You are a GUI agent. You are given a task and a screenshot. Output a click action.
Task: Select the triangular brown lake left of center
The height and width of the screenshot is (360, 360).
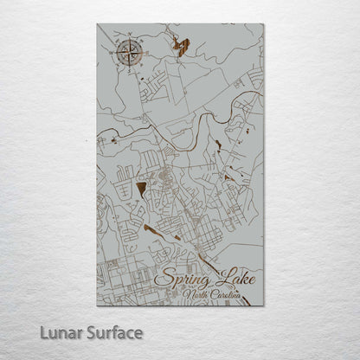click(141, 187)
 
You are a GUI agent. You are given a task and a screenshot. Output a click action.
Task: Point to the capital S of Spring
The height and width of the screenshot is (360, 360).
click(161, 280)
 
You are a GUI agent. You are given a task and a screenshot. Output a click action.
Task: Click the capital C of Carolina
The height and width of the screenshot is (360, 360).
click(217, 296)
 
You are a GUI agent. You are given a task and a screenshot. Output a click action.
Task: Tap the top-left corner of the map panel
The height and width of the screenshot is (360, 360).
click(97, 24)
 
